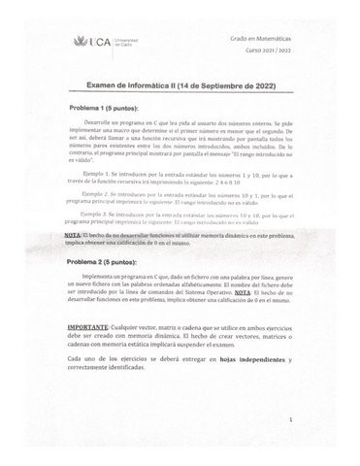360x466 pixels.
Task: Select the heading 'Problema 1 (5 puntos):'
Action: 108,109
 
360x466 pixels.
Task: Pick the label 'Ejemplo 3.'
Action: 100,212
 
